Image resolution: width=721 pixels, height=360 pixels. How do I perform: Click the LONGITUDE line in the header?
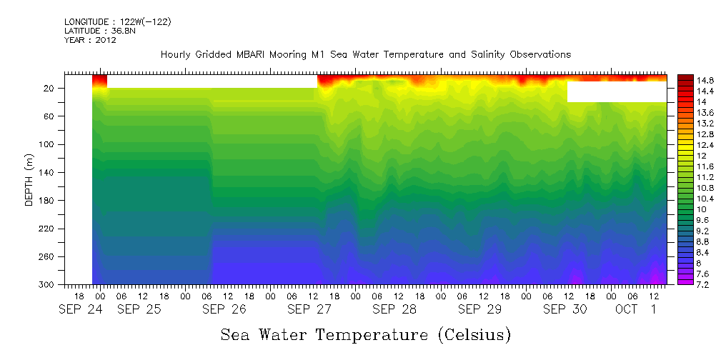(x=117, y=22)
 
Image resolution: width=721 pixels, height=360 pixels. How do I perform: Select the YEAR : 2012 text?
(x=90, y=40)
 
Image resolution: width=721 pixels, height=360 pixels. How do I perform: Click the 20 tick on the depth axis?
(x=49, y=89)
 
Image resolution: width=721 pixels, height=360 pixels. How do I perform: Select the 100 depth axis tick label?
(x=47, y=144)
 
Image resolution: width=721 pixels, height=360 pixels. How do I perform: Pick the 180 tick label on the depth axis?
(x=47, y=201)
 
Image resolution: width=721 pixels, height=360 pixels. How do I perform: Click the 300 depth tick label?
(x=47, y=285)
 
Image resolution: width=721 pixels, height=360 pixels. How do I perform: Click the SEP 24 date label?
(x=81, y=309)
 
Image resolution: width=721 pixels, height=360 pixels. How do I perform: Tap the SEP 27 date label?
(x=309, y=309)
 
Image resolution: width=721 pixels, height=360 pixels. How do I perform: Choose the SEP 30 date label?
(x=565, y=309)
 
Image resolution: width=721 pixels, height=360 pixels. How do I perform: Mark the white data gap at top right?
(x=617, y=91)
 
